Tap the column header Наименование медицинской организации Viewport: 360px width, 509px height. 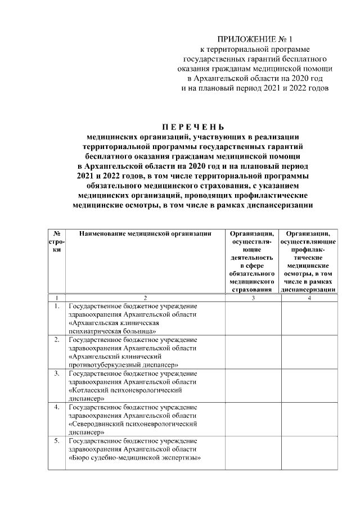pos(145,233)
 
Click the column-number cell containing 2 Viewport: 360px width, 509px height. pos(145,297)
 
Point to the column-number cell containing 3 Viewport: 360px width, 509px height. pos(253,297)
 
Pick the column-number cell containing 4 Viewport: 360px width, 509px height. pos(309,297)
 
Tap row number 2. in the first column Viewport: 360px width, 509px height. pos(57,340)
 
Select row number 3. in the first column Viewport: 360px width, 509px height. pos(57,373)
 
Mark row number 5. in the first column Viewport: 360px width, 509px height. pos(57,441)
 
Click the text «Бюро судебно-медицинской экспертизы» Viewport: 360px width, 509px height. pos(135,458)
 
